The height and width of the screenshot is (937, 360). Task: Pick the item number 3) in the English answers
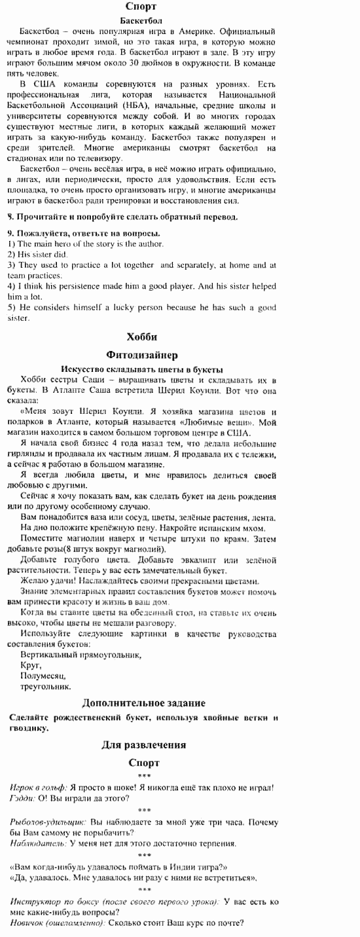[x=11, y=265]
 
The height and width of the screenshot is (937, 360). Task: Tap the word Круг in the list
[x=31, y=665]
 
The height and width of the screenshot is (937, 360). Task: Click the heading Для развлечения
[x=143, y=744]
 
